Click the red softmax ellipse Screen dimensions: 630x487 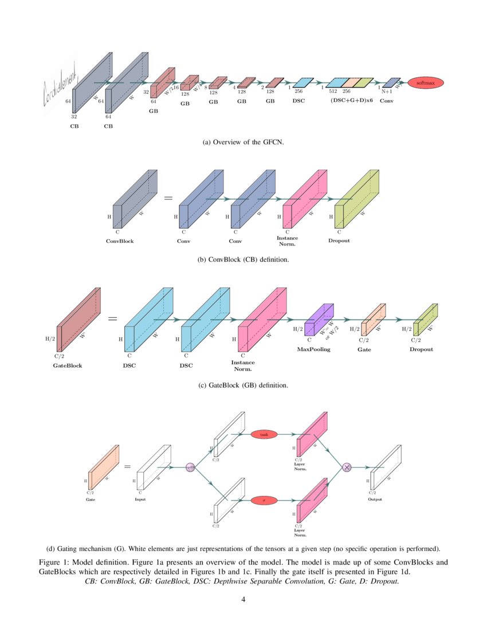click(x=426, y=83)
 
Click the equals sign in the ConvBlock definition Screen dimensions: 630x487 click(x=168, y=198)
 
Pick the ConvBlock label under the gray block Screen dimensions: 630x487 click(x=120, y=241)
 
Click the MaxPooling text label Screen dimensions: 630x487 click(x=313, y=349)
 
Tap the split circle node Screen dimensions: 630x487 click(x=190, y=467)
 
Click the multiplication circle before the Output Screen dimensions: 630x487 click(x=346, y=467)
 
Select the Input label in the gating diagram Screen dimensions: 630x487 click(x=140, y=499)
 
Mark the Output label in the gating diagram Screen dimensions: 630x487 click(x=375, y=499)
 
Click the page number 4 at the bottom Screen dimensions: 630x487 click(x=243, y=600)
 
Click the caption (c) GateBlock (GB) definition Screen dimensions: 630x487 click(x=244, y=385)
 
